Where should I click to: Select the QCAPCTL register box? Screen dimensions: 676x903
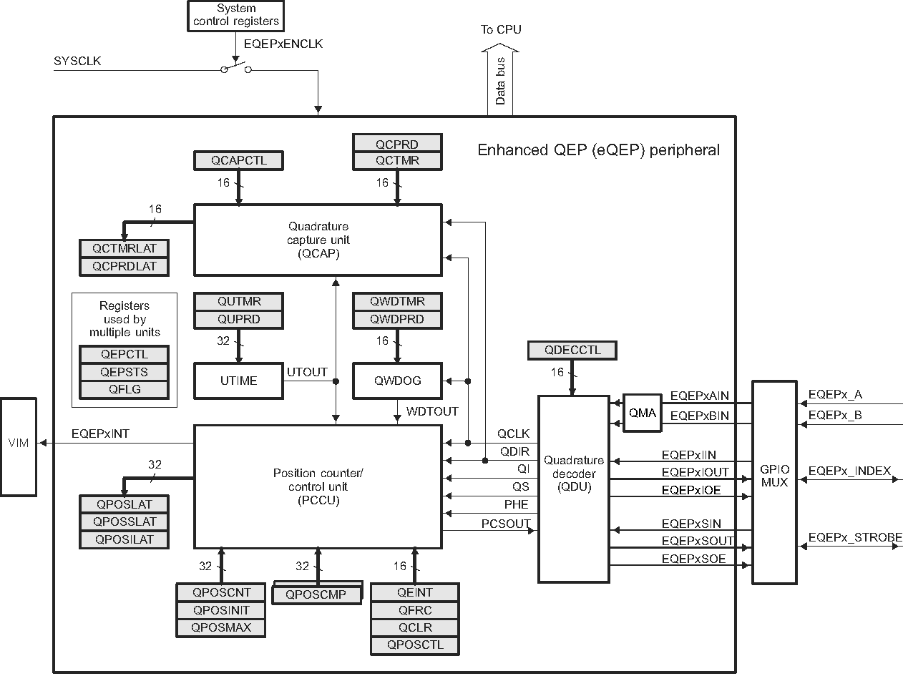[239, 160]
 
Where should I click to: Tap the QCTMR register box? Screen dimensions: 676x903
[397, 160]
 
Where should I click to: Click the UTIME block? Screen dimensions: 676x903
[239, 381]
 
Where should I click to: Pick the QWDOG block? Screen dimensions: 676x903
[397, 381]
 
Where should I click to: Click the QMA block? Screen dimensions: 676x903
[643, 413]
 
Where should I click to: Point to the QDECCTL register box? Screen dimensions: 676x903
[572, 351]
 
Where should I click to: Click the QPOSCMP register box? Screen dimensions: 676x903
[316, 594]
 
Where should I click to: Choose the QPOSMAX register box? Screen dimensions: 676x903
[222, 628]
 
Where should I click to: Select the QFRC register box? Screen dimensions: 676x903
[415, 610]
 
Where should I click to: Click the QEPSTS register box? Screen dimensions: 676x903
[125, 372]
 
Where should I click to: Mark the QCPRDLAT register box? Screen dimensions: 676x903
[125, 266]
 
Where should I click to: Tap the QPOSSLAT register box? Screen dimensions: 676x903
[125, 521]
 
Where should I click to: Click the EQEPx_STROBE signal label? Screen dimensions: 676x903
[854, 537]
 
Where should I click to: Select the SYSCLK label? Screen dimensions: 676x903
[77, 61]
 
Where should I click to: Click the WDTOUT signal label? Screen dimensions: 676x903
[432, 412]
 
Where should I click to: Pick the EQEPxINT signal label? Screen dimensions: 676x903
[101, 433]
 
